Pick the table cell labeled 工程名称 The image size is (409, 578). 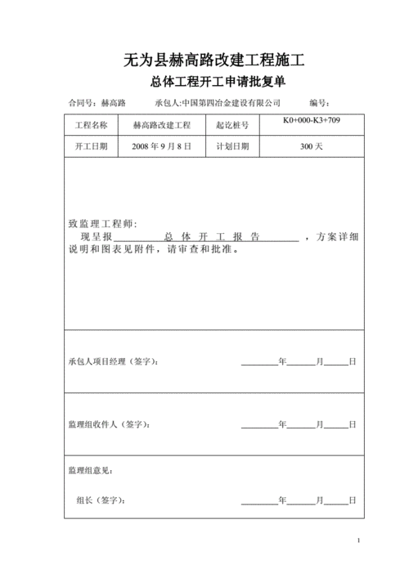pos(91,126)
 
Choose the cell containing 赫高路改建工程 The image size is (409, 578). pos(161,126)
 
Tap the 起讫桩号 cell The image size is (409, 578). pos(231,126)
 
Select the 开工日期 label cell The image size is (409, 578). pos(91,146)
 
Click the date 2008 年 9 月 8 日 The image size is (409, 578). pos(161,146)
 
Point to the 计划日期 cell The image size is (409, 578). pos(231,146)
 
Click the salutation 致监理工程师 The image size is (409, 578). pos(102,224)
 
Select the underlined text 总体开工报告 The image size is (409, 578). pos(211,237)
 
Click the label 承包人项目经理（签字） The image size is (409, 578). pos(114,361)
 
